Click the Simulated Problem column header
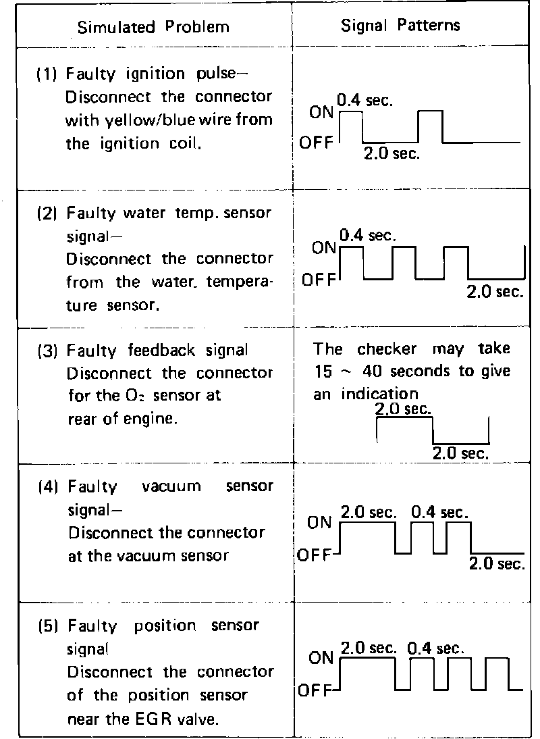tap(153, 27)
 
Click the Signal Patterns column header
tap(400, 26)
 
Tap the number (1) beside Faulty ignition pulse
tap(46, 75)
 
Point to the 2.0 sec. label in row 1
tap(391, 153)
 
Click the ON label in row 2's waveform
tap(324, 249)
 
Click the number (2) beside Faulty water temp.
tap(46, 213)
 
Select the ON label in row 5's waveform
tap(321, 658)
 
